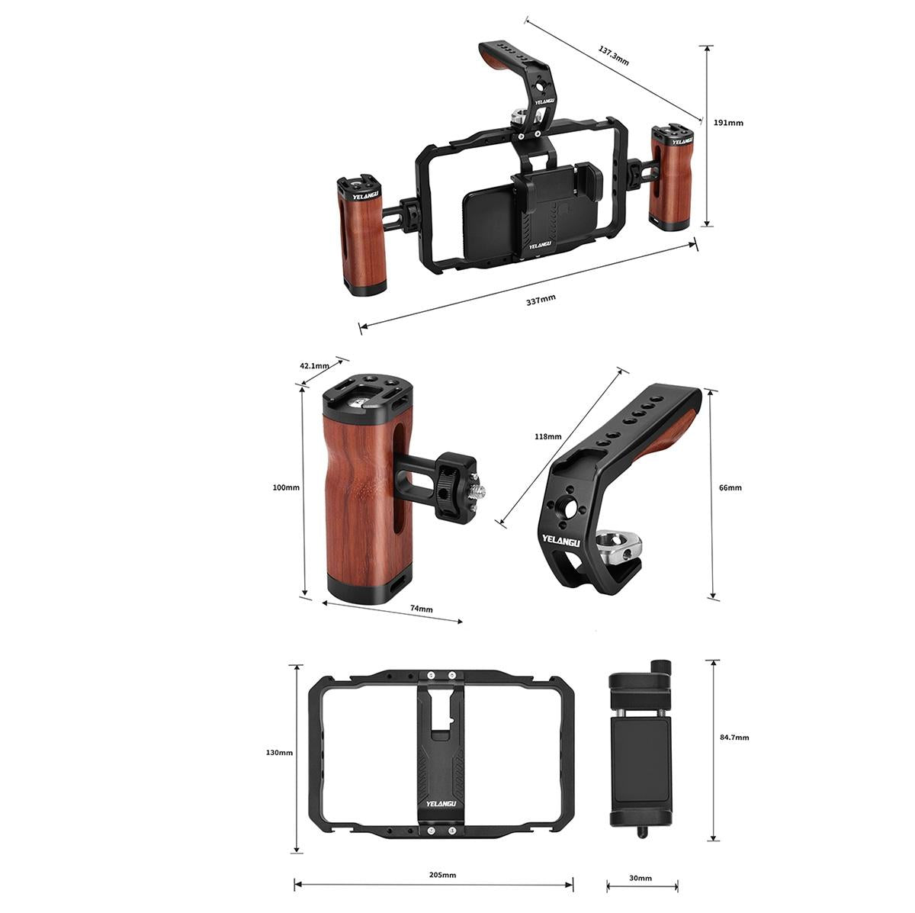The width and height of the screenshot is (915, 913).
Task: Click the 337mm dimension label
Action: point(541,301)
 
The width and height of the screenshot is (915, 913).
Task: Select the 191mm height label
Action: point(727,123)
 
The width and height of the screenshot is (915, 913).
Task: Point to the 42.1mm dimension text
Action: point(314,365)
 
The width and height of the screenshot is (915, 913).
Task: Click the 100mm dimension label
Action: point(286,487)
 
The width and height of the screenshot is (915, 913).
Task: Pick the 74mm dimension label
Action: point(421,609)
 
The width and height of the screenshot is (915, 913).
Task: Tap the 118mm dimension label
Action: point(547,436)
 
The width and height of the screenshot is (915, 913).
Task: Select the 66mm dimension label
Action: point(730,487)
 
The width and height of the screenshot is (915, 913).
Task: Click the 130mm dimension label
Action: point(279,752)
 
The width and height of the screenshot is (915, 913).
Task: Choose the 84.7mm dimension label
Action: point(734,737)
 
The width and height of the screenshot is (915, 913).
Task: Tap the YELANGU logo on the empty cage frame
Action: point(441,803)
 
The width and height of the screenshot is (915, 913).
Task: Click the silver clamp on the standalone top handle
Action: point(619,545)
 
